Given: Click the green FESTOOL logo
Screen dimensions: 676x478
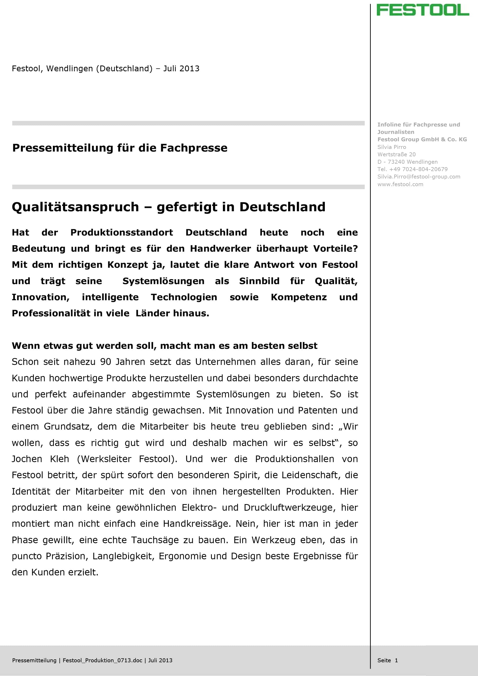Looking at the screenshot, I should point(423,10).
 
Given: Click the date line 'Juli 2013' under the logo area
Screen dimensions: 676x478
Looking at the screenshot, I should point(181,69).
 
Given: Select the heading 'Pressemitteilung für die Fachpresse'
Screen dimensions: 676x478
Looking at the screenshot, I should point(120,148).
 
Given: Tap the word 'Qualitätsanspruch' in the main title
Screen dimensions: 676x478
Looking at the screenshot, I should point(75,207).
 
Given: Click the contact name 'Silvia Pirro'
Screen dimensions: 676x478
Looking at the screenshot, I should point(392,147).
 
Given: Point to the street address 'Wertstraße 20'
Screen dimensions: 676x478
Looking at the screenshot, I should point(396,154).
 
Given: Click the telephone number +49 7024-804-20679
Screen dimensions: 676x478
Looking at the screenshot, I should point(418,169).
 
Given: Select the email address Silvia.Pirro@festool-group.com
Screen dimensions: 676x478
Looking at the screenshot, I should point(419,177).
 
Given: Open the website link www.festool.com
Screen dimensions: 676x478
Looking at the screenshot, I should point(400,184).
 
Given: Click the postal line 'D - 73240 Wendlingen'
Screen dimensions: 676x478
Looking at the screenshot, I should point(407,162).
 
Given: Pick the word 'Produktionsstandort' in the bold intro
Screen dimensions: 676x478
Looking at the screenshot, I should point(122,232).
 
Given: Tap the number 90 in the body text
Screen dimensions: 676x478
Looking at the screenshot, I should point(105,362).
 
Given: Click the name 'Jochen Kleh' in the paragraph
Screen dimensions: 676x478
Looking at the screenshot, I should point(40,459).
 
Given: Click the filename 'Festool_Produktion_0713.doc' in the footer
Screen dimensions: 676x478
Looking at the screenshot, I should point(102,660).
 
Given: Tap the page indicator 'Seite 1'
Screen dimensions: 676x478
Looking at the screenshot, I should point(387,660).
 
